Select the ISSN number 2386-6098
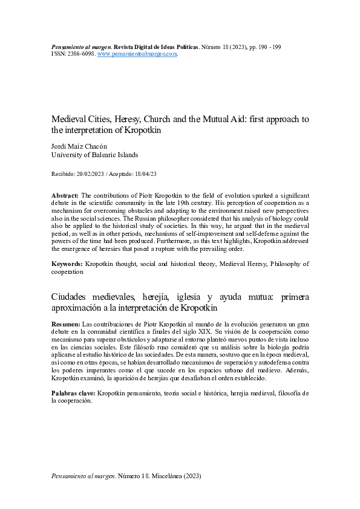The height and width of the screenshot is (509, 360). coord(79,54)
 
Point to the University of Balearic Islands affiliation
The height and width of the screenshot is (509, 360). coord(95,155)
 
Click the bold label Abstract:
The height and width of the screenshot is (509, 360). coord(65,196)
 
